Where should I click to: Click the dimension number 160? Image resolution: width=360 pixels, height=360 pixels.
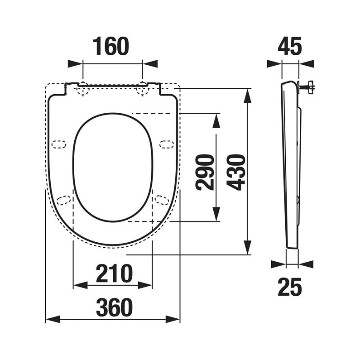pyautogui.click(x=111, y=46)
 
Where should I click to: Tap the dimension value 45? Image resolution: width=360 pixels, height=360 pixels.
pyautogui.click(x=290, y=46)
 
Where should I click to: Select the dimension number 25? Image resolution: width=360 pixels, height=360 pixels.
pyautogui.click(x=290, y=287)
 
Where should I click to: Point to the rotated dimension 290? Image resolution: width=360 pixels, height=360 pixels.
pyautogui.click(x=205, y=173)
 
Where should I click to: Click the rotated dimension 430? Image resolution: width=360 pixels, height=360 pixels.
pyautogui.click(x=236, y=173)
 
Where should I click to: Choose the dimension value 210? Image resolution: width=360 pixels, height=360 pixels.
pyautogui.click(x=114, y=274)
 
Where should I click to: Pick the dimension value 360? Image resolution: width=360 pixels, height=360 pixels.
pyautogui.click(x=114, y=307)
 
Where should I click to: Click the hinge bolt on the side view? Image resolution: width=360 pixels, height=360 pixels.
pyautogui.click(x=307, y=87)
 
